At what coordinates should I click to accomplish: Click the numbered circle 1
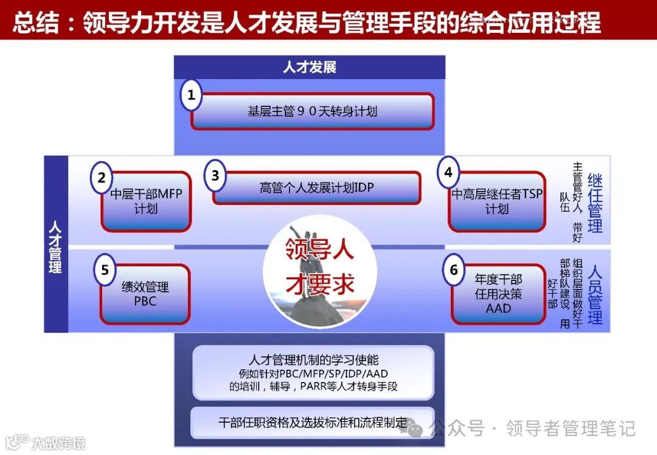pyautogui.click(x=192, y=95)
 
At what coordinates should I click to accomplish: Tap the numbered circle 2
pyautogui.click(x=102, y=177)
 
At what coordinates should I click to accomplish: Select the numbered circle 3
pyautogui.click(x=215, y=176)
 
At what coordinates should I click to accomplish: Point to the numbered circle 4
pyautogui.click(x=448, y=172)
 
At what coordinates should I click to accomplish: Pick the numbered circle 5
pyautogui.click(x=105, y=270)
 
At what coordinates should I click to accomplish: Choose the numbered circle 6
pyautogui.click(x=454, y=270)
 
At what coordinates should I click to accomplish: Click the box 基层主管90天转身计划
pyautogui.click(x=313, y=111)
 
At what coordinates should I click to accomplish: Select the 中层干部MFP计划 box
pyautogui.click(x=146, y=202)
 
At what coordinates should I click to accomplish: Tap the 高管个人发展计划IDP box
pyautogui.click(x=316, y=188)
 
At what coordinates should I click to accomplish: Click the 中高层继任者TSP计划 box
pyautogui.click(x=497, y=202)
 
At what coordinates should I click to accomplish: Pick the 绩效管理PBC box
pyautogui.click(x=145, y=294)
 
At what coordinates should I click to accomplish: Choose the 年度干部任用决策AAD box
pyautogui.click(x=498, y=294)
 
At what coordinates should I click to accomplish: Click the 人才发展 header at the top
pyautogui.click(x=310, y=67)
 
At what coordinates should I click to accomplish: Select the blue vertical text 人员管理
pyautogui.click(x=595, y=294)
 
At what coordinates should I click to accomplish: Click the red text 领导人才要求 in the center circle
pyautogui.click(x=321, y=266)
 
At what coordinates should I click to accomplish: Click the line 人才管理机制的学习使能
pyautogui.click(x=313, y=359)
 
